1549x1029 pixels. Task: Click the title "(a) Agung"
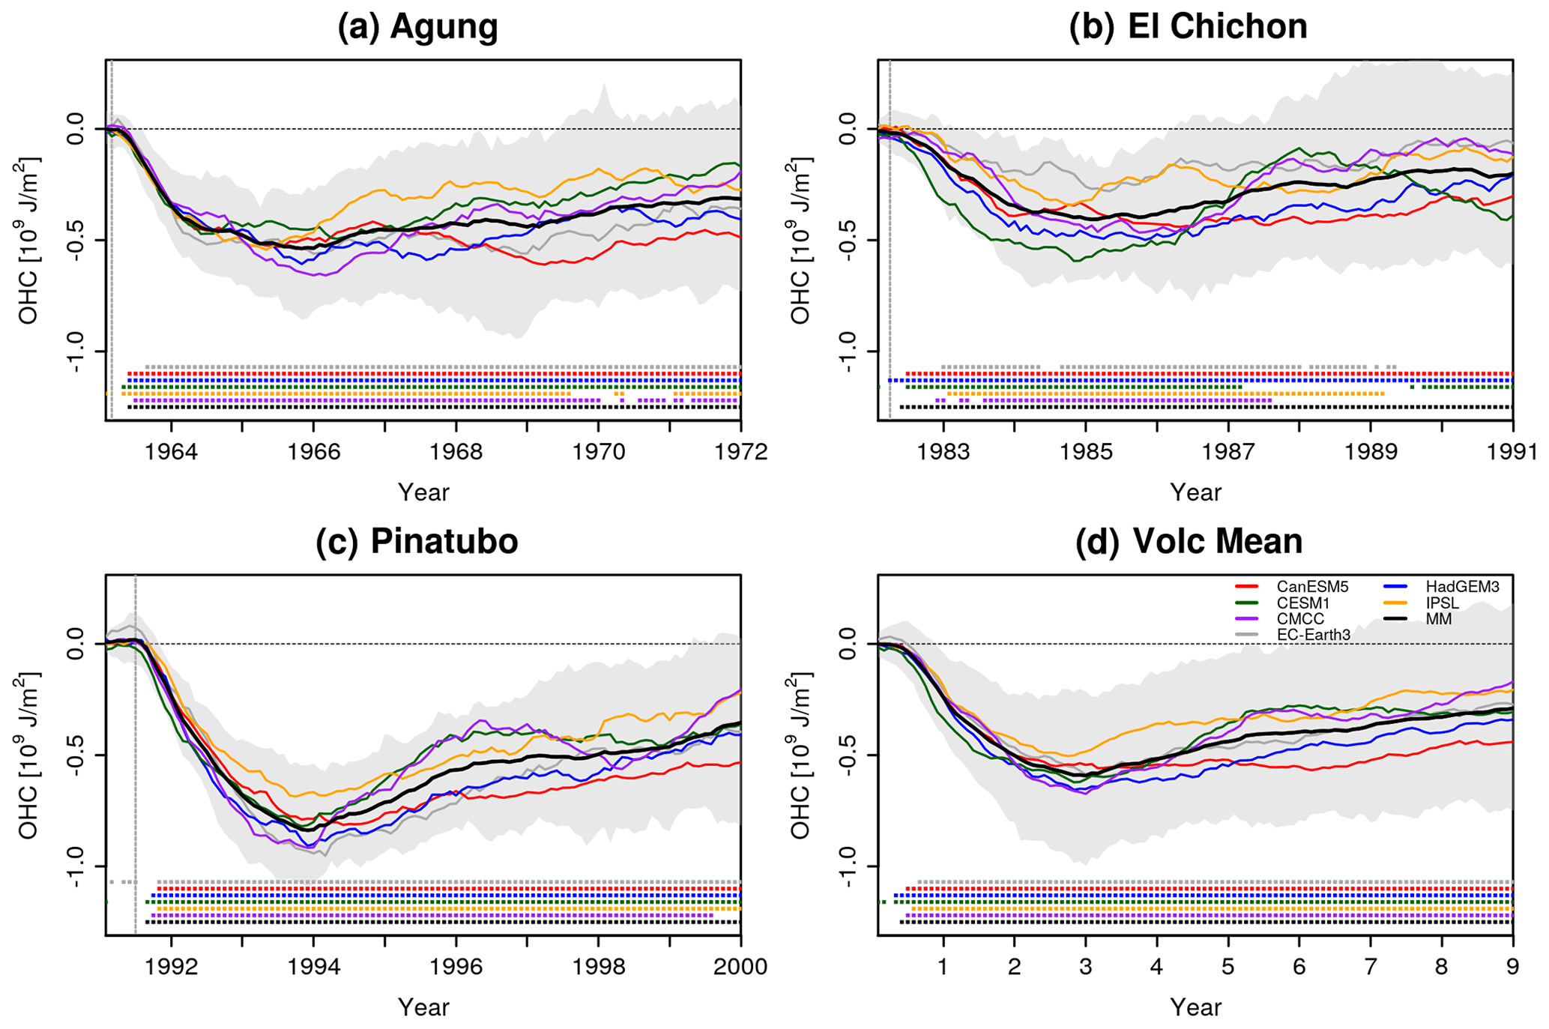(417, 27)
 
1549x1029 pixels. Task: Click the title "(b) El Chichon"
(1188, 27)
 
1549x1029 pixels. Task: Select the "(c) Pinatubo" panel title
(417, 541)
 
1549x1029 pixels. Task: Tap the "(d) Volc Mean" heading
(1189, 541)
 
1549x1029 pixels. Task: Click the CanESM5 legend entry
(1312, 587)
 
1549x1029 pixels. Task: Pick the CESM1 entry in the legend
(1303, 603)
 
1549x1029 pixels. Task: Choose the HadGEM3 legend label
(1462, 587)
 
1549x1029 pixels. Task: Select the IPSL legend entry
(1443, 603)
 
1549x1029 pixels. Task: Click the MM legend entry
(1439, 619)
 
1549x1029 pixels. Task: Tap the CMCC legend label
(1300, 619)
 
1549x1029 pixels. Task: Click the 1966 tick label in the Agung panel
(313, 453)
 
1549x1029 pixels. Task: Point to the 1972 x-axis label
(740, 453)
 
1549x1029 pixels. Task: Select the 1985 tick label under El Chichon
(1085, 453)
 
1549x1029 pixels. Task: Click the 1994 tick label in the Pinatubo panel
(313, 967)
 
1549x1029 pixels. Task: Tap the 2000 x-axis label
(740, 967)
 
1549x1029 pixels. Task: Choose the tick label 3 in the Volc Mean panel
(1085, 967)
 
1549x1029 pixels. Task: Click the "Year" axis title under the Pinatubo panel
(423, 1007)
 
